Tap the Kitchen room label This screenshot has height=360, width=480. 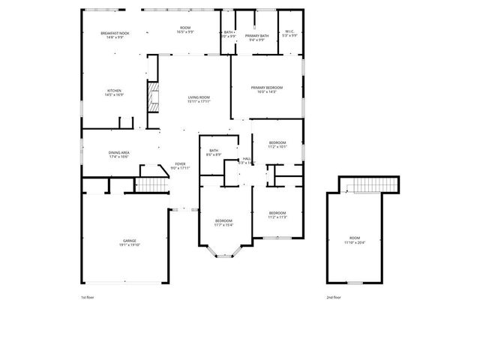pyautogui.click(x=113, y=93)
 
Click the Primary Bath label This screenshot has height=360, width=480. pyautogui.click(x=257, y=37)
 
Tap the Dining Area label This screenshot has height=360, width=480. pyautogui.click(x=119, y=154)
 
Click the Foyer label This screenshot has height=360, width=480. pyautogui.click(x=180, y=166)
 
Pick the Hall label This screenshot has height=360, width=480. pyautogui.click(x=247, y=160)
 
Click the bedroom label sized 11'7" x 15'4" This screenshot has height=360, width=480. pyautogui.click(x=223, y=223)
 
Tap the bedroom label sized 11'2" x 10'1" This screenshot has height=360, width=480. pyautogui.click(x=277, y=145)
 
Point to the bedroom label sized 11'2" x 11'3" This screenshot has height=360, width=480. pyautogui.click(x=277, y=214)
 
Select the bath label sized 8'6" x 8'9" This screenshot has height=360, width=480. pyautogui.click(x=214, y=152)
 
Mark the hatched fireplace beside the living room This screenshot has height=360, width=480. pyautogui.click(x=153, y=96)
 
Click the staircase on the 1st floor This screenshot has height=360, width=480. pyautogui.click(x=151, y=184)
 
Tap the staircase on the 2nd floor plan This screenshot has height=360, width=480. pyautogui.click(x=369, y=185)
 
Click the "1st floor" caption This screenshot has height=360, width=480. pyautogui.click(x=87, y=298)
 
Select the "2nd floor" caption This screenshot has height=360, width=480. pyautogui.click(x=334, y=298)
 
